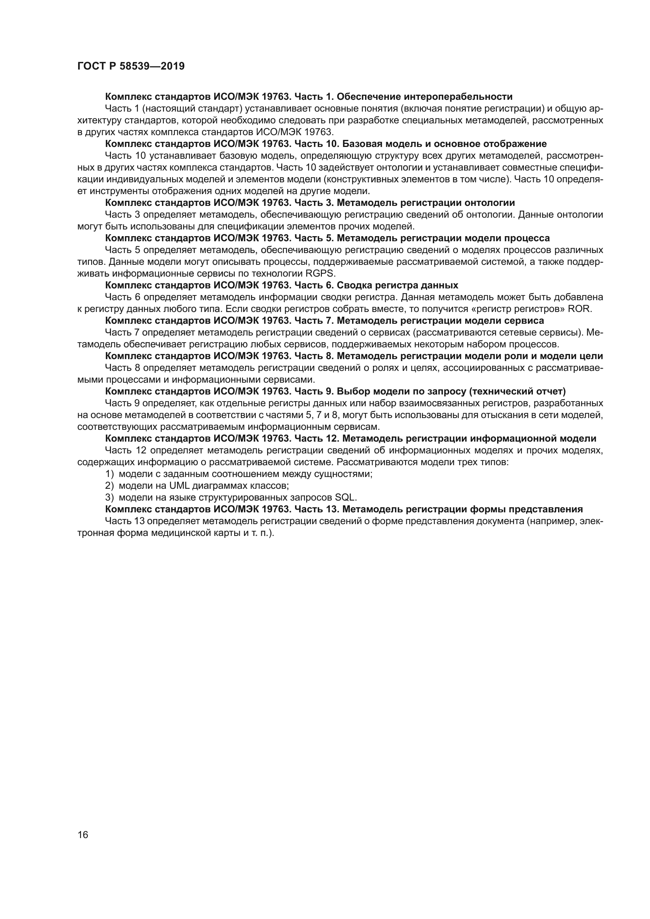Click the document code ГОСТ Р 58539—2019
coord(131,66)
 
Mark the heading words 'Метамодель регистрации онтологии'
coord(426,203)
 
